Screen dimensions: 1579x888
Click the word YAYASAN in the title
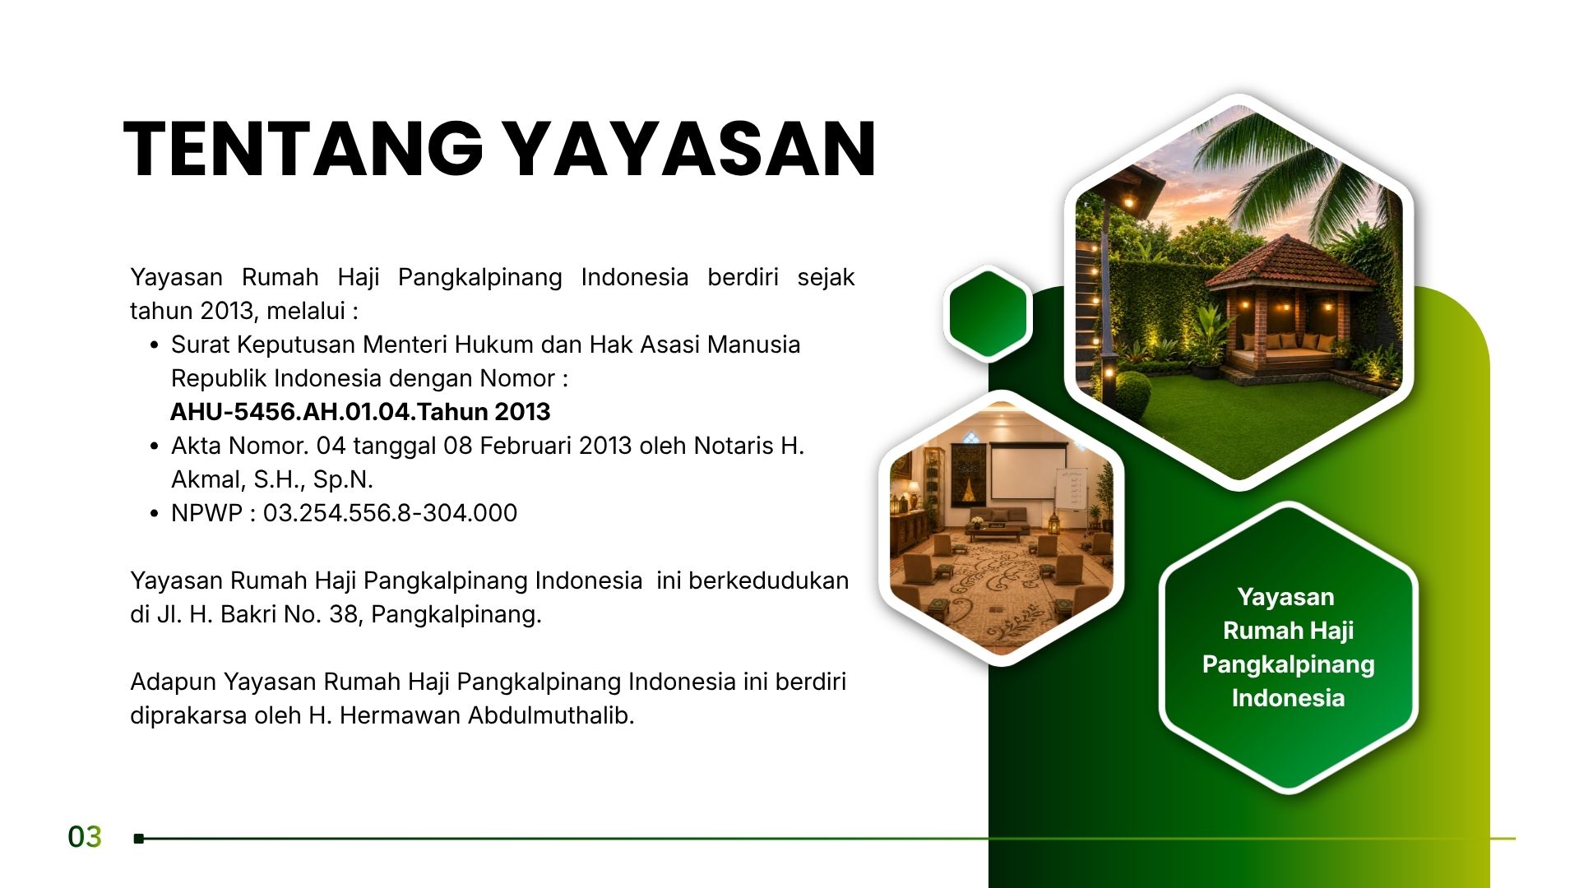point(689,149)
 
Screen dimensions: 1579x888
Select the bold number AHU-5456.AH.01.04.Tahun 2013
point(360,411)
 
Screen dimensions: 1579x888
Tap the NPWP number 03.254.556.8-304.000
point(390,513)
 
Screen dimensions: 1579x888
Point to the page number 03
point(85,837)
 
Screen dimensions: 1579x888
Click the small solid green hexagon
point(988,313)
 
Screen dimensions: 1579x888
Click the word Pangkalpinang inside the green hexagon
point(1288,664)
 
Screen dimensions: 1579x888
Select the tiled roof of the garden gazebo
point(1288,264)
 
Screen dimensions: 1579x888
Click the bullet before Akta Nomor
point(154,446)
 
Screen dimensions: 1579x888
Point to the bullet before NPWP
point(154,514)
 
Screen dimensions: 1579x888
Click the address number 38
point(343,614)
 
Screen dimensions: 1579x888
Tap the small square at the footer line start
point(139,839)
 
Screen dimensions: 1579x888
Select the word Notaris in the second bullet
point(734,446)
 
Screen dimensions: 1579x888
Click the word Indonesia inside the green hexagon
point(1288,698)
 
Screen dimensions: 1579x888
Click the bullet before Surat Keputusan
point(154,345)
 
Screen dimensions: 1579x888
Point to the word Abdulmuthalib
point(551,715)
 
